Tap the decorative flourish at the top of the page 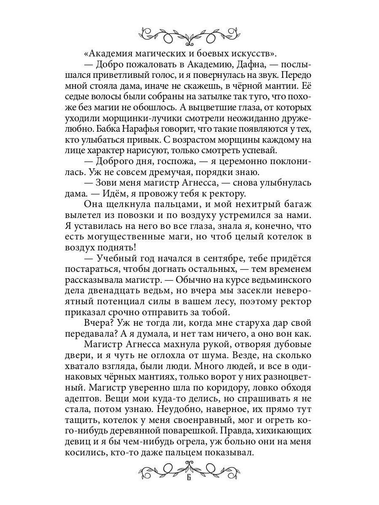pyautogui.click(x=189, y=35)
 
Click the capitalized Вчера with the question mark pyautogui.click(x=99, y=323)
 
